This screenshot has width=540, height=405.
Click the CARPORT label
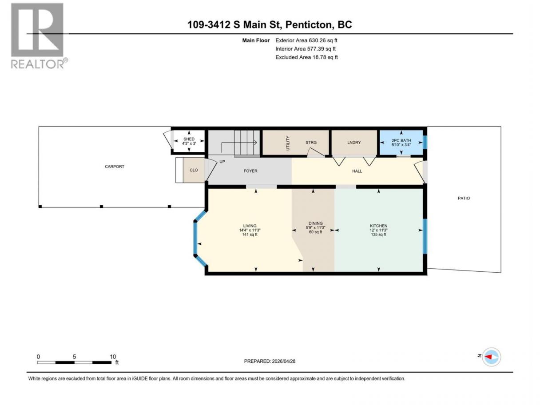(115, 167)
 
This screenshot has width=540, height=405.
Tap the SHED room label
(189, 139)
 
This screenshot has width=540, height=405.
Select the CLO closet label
(194, 170)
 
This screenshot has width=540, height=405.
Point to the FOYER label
(250, 171)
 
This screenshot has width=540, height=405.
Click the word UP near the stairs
(222, 162)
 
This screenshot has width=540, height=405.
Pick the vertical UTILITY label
(288, 143)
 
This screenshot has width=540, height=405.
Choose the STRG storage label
(311, 143)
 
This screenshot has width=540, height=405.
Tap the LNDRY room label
(354, 143)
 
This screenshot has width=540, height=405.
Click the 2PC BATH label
(401, 140)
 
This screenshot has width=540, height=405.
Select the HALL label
(357, 171)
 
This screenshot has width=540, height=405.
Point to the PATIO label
(464, 198)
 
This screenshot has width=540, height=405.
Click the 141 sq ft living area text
(250, 234)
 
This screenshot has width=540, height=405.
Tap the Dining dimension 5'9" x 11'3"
(315, 227)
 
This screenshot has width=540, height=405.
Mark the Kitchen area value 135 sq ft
(378, 234)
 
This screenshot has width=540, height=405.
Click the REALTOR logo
(38, 36)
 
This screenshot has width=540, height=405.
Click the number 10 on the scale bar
(113, 357)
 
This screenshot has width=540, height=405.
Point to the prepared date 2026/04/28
(283, 361)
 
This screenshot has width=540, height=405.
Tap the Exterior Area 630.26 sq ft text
(306, 40)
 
